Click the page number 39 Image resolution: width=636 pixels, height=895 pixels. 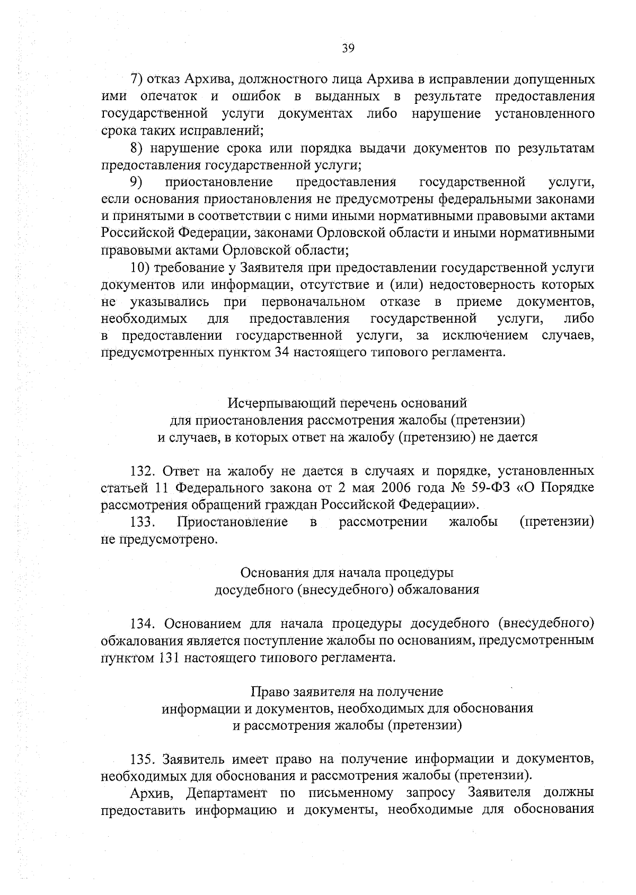click(348, 49)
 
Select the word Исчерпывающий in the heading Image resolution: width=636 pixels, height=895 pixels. click(273, 404)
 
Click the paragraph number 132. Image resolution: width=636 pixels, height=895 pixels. click(142, 472)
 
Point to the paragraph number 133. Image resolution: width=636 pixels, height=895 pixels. click(142, 522)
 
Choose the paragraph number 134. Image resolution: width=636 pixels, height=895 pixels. click(142, 625)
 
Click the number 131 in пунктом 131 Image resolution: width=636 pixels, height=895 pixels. click(171, 659)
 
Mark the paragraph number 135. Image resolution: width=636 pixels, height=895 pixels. click(142, 760)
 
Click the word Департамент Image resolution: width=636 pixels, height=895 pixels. click(227, 794)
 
